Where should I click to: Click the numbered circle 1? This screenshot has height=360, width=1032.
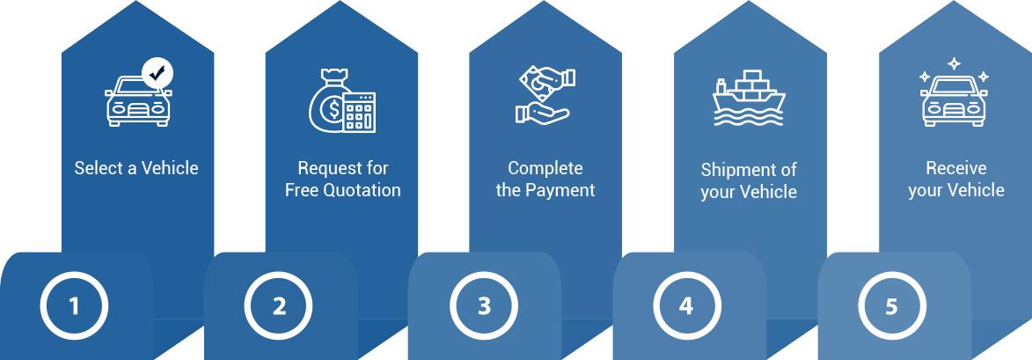74,306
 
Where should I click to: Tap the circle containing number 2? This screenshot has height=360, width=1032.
279,306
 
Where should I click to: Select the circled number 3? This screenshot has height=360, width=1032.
484,306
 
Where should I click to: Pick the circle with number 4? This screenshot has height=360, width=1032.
686,306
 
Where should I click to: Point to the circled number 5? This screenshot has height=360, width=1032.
891,306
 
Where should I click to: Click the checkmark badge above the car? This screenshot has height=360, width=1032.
157,74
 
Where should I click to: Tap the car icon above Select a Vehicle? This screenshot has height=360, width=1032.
136,100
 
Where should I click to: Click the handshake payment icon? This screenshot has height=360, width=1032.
542,96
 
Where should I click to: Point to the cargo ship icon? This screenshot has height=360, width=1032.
748,99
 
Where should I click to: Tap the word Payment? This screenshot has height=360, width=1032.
560,190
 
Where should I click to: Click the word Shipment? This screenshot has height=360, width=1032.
736,170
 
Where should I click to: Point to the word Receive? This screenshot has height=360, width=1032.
956,168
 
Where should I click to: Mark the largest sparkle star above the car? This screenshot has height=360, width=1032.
954,64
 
